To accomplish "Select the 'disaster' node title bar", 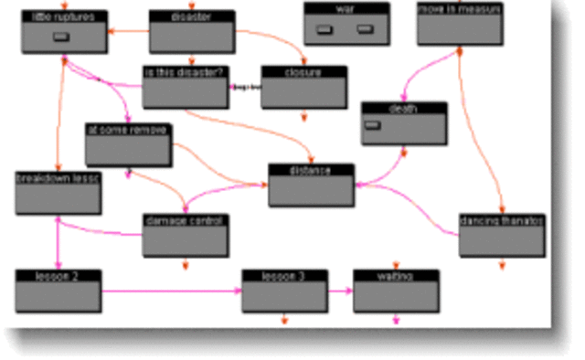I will click(191, 16).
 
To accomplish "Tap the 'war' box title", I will click(346, 8).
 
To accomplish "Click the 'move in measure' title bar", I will click(459, 8).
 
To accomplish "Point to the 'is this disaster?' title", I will click(184, 71).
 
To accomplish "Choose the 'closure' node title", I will click(303, 70).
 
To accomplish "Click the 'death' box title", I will click(403, 109).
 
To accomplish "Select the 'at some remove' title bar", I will click(127, 130).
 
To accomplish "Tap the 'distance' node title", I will click(311, 169).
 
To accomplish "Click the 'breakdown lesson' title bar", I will click(57, 178).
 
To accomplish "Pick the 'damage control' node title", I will click(185, 220).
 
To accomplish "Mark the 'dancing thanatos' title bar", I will click(502, 220).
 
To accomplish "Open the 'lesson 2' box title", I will click(58, 275).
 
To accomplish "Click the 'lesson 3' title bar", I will click(283, 275).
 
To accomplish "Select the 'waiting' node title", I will click(395, 275).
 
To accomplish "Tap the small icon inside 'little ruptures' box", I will click(61, 37).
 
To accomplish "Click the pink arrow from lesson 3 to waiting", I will click(340, 291).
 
